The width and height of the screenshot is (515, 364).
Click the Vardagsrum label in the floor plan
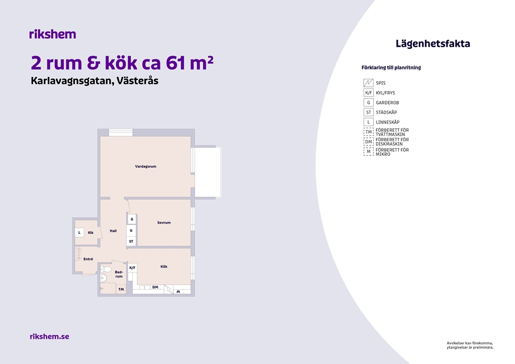click(145, 166)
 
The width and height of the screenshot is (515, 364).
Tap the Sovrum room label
click(164, 223)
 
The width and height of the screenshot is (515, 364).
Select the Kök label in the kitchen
click(164, 266)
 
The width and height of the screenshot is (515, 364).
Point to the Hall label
click(113, 231)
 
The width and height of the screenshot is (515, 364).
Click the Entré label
click(88, 259)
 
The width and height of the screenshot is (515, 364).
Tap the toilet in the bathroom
click(106, 269)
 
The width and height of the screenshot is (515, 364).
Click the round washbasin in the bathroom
click(104, 279)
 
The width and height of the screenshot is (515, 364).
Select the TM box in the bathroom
click(121, 289)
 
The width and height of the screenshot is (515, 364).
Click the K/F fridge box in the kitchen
click(132, 268)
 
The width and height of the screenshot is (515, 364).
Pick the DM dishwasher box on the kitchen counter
click(155, 287)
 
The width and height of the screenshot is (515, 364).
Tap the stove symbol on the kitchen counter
click(169, 289)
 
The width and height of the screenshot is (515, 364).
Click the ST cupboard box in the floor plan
click(131, 241)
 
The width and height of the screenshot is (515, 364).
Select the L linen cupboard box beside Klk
click(79, 233)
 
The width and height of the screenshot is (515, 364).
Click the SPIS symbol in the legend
click(369, 83)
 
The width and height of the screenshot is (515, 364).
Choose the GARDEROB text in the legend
click(388, 103)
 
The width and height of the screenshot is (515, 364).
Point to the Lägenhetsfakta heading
click(433, 44)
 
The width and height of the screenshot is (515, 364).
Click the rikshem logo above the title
click(52, 34)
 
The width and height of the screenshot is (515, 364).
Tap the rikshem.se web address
click(50, 336)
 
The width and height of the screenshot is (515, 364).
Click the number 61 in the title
click(175, 63)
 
